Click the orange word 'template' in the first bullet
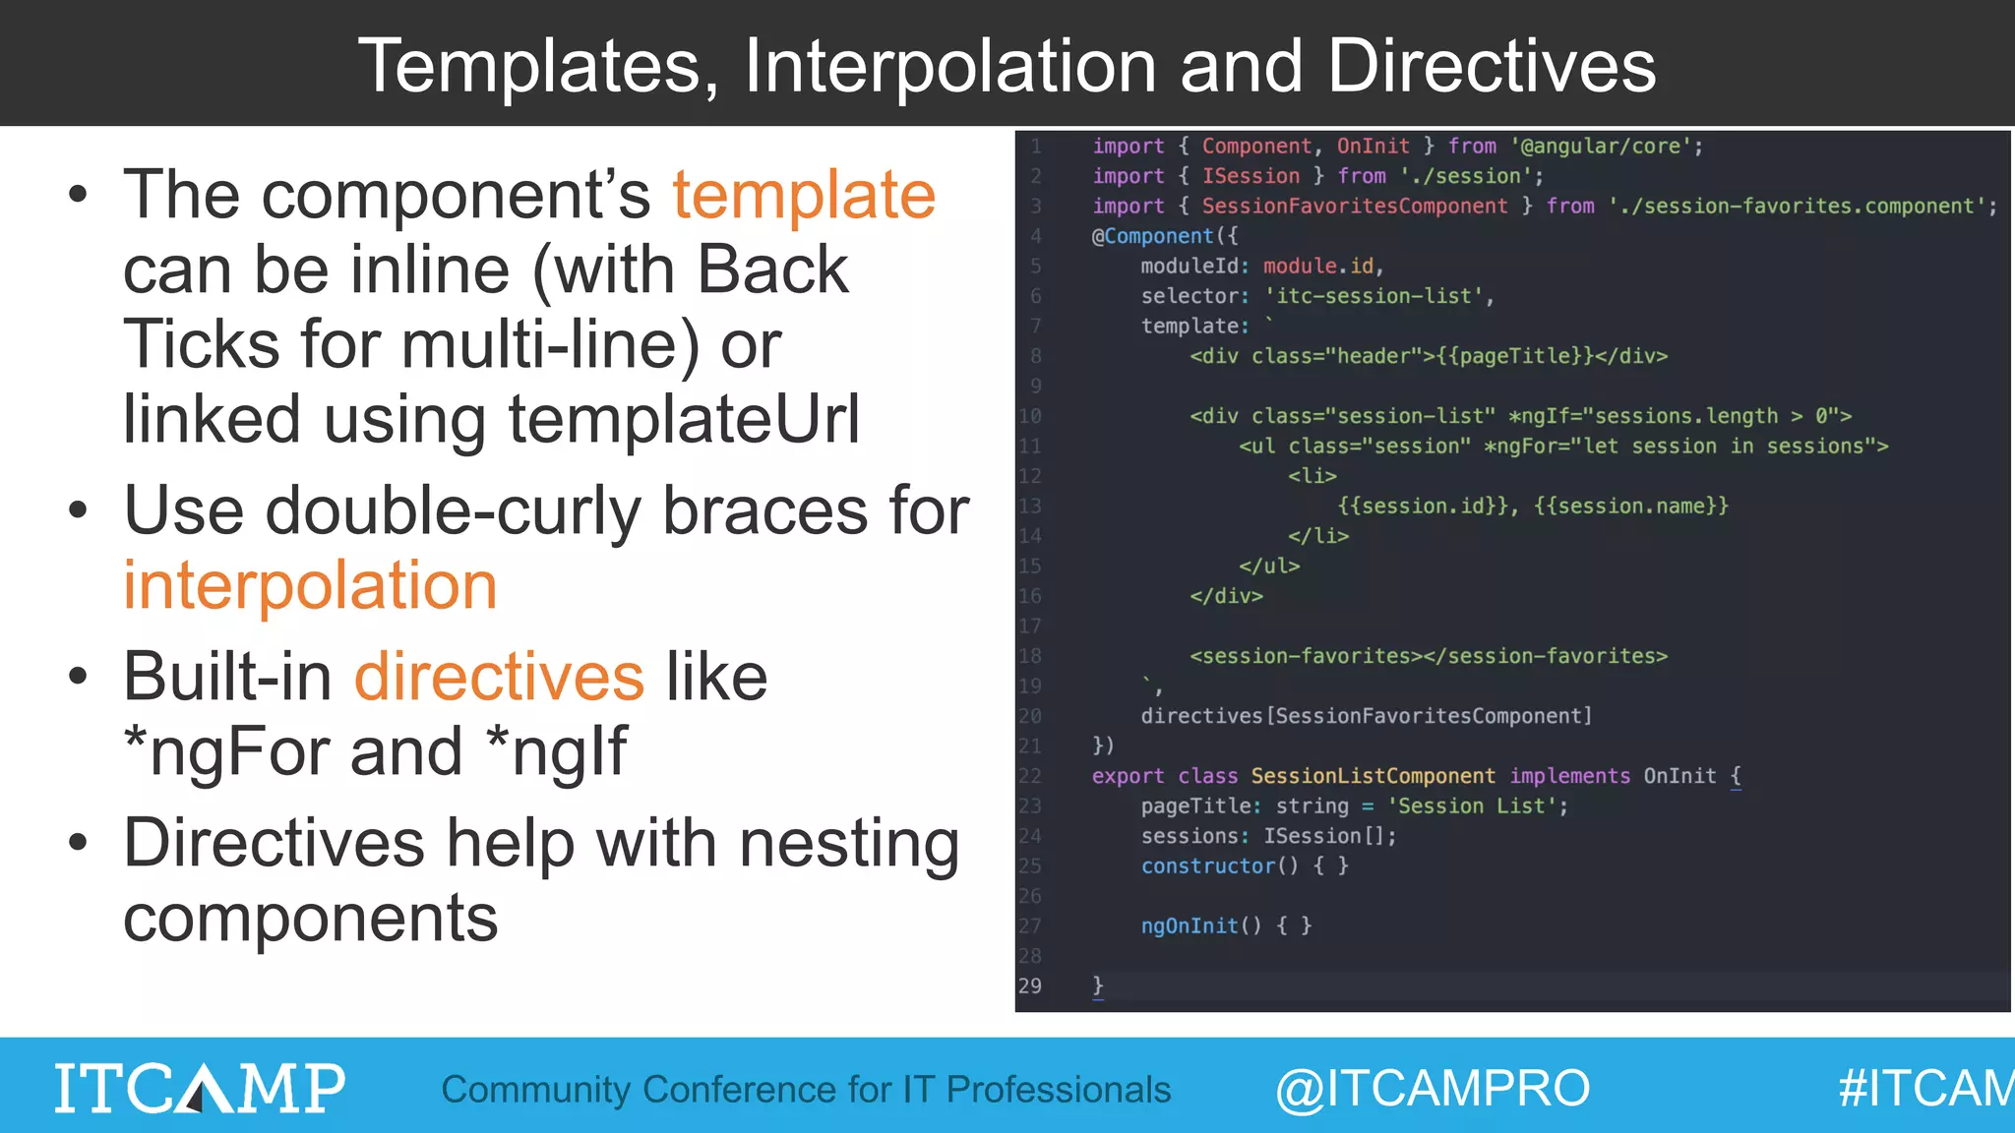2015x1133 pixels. (803, 195)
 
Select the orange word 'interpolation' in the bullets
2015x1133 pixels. (310, 586)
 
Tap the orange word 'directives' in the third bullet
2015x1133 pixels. (499, 677)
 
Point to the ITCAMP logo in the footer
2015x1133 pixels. (200, 1088)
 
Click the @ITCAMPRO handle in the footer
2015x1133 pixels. (1433, 1089)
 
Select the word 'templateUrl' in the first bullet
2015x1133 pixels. (684, 419)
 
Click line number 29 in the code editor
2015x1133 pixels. (1029, 985)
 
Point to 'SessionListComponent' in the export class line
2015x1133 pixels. (1373, 776)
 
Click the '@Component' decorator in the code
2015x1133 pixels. (1152, 236)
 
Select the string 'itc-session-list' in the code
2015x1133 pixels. (1374, 296)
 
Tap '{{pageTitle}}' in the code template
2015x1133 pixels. (1515, 356)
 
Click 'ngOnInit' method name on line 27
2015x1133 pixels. (1189, 925)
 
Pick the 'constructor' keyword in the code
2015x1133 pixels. (1207, 865)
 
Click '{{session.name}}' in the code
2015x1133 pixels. (1630, 506)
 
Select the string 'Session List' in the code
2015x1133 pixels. (1476, 805)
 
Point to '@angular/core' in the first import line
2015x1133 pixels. (1600, 147)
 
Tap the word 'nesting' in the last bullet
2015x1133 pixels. (848, 844)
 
